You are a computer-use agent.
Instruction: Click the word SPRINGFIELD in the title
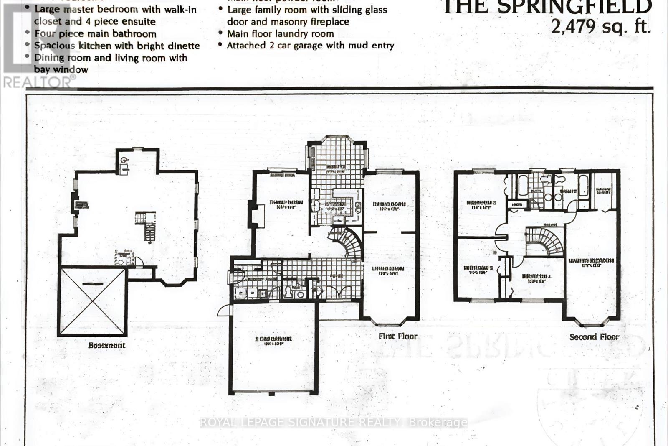[577, 7]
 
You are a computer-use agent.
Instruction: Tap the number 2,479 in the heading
[573, 26]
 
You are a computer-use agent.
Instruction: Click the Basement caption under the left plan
[106, 345]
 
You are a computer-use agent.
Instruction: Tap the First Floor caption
[397, 336]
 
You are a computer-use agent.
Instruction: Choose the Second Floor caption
[594, 336]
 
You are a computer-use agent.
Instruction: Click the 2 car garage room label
[273, 340]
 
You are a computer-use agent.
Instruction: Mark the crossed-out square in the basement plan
[92, 302]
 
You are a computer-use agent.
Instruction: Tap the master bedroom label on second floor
[591, 262]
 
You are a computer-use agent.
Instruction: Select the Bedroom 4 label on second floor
[534, 278]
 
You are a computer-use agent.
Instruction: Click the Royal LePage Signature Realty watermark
[334, 422]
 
